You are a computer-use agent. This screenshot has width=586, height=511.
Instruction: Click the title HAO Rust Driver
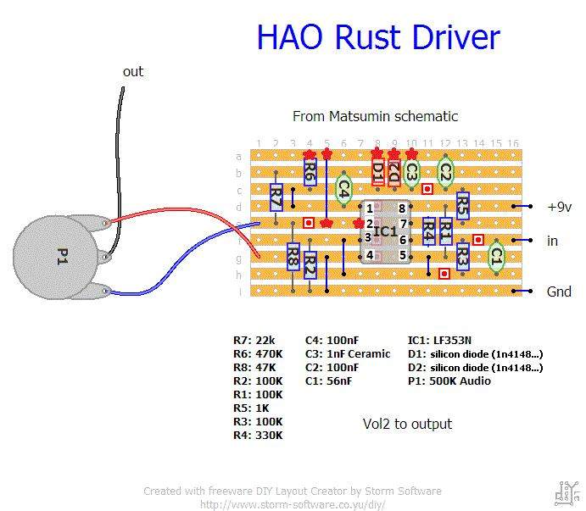tap(377, 38)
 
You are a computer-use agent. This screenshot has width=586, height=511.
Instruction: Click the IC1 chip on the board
tap(385, 231)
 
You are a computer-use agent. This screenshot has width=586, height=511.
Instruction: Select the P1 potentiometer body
tap(59, 256)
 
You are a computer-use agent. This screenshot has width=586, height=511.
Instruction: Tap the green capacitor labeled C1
tap(496, 253)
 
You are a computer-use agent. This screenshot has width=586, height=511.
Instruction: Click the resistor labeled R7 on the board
tap(276, 200)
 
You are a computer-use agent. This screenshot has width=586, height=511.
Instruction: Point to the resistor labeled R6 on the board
tap(310, 173)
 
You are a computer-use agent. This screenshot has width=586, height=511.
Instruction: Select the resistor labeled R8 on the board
tap(293, 253)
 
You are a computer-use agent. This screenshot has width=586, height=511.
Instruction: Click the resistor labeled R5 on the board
tap(462, 204)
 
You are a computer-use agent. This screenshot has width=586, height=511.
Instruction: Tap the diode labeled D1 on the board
tap(377, 170)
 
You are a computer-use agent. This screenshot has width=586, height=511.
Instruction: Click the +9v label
tap(559, 207)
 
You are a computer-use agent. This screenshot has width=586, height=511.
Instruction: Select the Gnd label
tap(559, 292)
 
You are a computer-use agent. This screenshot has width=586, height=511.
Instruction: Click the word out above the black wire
tap(133, 72)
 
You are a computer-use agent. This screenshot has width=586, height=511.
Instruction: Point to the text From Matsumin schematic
tap(375, 116)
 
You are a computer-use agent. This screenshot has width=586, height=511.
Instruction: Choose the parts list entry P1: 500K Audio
tap(449, 381)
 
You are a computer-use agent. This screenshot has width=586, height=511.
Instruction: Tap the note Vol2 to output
tap(407, 424)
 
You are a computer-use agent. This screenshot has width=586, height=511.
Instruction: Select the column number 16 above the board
tap(513, 143)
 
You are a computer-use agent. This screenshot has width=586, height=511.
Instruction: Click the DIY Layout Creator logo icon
tap(566, 492)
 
